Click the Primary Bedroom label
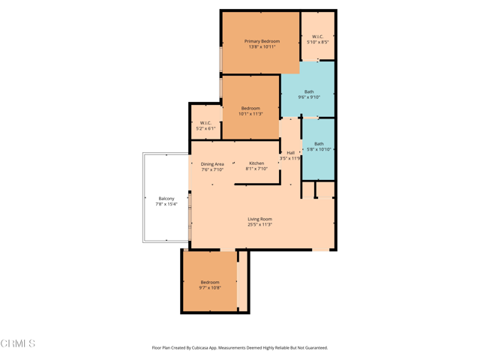pos(262,41)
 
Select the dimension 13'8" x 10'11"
pos(262,47)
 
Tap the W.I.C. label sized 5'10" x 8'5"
pos(317,37)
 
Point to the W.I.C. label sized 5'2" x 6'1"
pos(205,123)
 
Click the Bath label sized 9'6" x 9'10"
pos(309,91)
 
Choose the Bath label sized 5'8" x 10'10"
pos(319,144)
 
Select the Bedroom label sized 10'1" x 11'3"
pos(250,109)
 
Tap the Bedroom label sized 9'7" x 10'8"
pos(210,282)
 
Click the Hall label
pos(290,153)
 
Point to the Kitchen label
pos(256,163)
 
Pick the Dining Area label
pos(212,164)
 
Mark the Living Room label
pos(260,219)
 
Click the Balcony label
pos(166,199)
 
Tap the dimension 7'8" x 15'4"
pos(166,204)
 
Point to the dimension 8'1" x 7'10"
pos(256,169)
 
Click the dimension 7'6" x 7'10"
pos(212,170)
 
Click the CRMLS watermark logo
pos(18,343)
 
